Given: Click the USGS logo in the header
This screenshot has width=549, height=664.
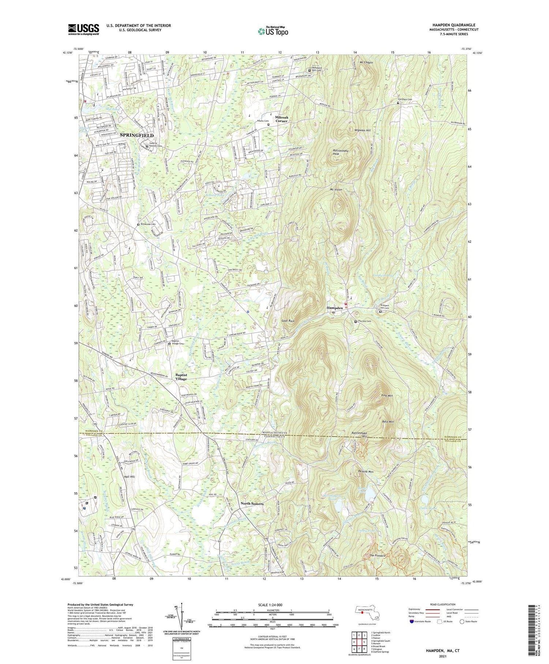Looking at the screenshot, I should coord(83,29).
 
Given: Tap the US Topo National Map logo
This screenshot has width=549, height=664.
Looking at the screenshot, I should coord(273,31).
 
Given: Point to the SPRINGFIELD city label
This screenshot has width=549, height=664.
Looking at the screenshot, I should coord(137,135).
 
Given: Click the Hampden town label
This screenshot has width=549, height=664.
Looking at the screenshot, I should coord(335,308).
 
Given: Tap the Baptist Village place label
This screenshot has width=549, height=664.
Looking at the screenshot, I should coord(181,377).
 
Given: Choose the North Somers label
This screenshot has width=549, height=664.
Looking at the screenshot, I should coord(252,504).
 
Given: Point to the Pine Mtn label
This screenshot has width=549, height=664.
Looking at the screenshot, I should coord(387,396).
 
